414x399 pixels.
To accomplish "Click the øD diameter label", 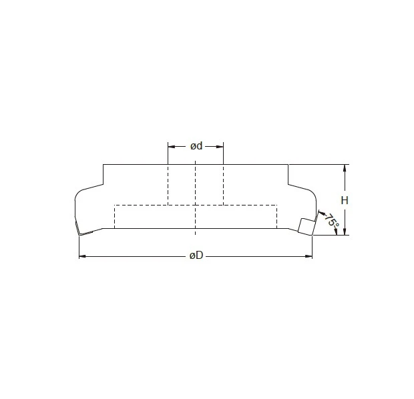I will click(196, 256).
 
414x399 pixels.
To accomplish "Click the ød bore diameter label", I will click(196, 146).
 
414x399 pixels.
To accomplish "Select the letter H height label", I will click(345, 200).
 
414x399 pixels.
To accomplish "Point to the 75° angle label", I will click(330, 222).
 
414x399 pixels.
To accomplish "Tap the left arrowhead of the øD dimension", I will click(81, 256).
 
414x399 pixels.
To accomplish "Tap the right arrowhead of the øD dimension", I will click(310, 256).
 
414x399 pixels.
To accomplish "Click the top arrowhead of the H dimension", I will click(345, 167).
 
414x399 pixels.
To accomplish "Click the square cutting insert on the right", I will click(306, 226).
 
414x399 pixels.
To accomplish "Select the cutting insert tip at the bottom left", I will click(79, 234).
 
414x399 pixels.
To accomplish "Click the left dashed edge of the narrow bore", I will click(168, 184).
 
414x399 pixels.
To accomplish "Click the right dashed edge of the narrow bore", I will click(223, 184).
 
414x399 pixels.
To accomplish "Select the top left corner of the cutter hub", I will click(103, 164).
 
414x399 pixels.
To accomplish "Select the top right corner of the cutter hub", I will click(288, 164).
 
